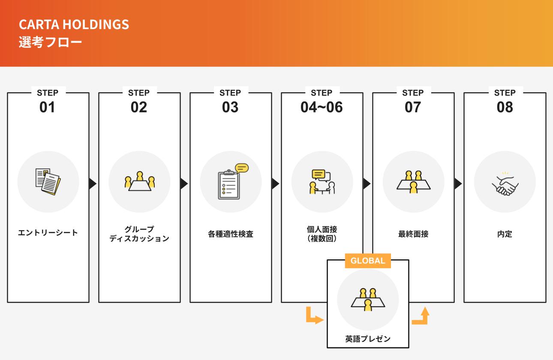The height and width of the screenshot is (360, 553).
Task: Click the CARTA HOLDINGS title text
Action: [x=74, y=24]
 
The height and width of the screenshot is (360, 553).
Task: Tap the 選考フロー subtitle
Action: [x=50, y=42]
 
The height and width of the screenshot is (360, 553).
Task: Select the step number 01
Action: [x=48, y=107]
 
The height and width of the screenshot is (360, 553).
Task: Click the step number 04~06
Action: [x=322, y=107]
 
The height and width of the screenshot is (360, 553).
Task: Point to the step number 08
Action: [x=505, y=107]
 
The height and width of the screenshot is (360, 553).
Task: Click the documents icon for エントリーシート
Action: [x=48, y=182]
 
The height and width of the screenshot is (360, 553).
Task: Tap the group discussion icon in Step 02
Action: [x=139, y=182]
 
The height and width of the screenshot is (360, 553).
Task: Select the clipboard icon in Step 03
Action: [x=231, y=182]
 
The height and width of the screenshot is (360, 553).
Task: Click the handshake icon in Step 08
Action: [x=505, y=183]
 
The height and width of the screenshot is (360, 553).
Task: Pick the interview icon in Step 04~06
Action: [x=322, y=182]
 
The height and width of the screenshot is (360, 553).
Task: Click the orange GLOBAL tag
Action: [x=368, y=261]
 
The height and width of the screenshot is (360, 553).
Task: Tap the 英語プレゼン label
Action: [x=368, y=339]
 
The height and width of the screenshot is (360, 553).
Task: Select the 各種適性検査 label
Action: [x=231, y=234]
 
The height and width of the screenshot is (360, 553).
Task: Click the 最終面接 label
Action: [x=413, y=234]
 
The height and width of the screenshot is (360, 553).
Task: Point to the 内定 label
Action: [x=505, y=234]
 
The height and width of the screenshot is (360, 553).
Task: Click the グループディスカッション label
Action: [x=139, y=234]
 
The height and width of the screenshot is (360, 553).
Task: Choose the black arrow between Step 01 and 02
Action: [x=93, y=183]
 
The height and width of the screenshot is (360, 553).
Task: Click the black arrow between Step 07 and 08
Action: [x=458, y=183]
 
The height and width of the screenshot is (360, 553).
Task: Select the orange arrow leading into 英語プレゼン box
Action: [x=314, y=316]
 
